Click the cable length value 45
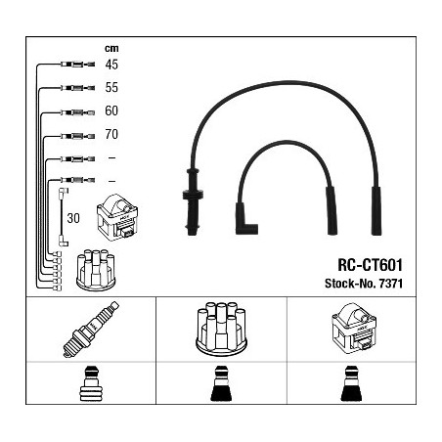coord(111,65)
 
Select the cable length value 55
coord(111,87)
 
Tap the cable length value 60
coord(111,110)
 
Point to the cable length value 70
coord(111,134)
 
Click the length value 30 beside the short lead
coord(73,218)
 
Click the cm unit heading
coord(111,49)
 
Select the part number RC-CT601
coord(370,265)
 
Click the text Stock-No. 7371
coord(364,284)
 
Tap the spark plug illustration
coord(91,330)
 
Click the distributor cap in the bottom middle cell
coord(221,329)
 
